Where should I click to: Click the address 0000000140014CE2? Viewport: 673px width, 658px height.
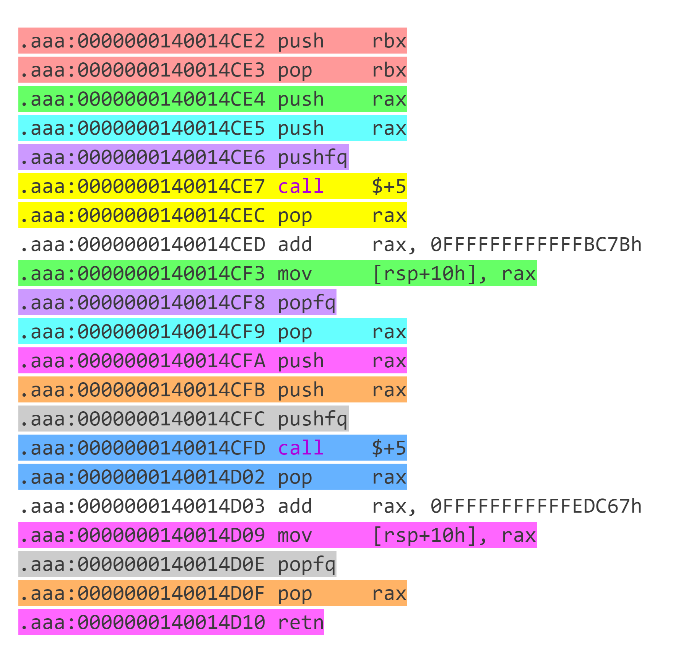(171, 41)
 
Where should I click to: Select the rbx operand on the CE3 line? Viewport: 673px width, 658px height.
(389, 70)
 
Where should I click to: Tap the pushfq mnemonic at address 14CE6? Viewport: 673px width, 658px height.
(312, 158)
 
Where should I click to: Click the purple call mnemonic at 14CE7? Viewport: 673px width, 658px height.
(301, 186)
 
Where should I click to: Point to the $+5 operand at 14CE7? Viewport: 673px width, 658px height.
(389, 186)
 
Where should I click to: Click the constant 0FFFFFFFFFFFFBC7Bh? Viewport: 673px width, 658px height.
(536, 244)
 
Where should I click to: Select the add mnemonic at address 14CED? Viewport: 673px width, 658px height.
(295, 244)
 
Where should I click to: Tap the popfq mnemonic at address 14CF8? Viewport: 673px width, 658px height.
(307, 303)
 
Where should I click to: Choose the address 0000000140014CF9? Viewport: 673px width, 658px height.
(171, 332)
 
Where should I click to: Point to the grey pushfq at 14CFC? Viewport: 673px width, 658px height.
(312, 419)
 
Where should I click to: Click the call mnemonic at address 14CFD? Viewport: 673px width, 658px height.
(301, 448)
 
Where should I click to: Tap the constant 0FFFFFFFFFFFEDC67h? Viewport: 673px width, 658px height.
(536, 506)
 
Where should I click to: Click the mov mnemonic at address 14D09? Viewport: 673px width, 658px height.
(295, 535)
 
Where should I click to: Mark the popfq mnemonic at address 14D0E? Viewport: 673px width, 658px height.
(307, 565)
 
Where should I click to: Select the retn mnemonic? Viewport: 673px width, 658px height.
(301, 622)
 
